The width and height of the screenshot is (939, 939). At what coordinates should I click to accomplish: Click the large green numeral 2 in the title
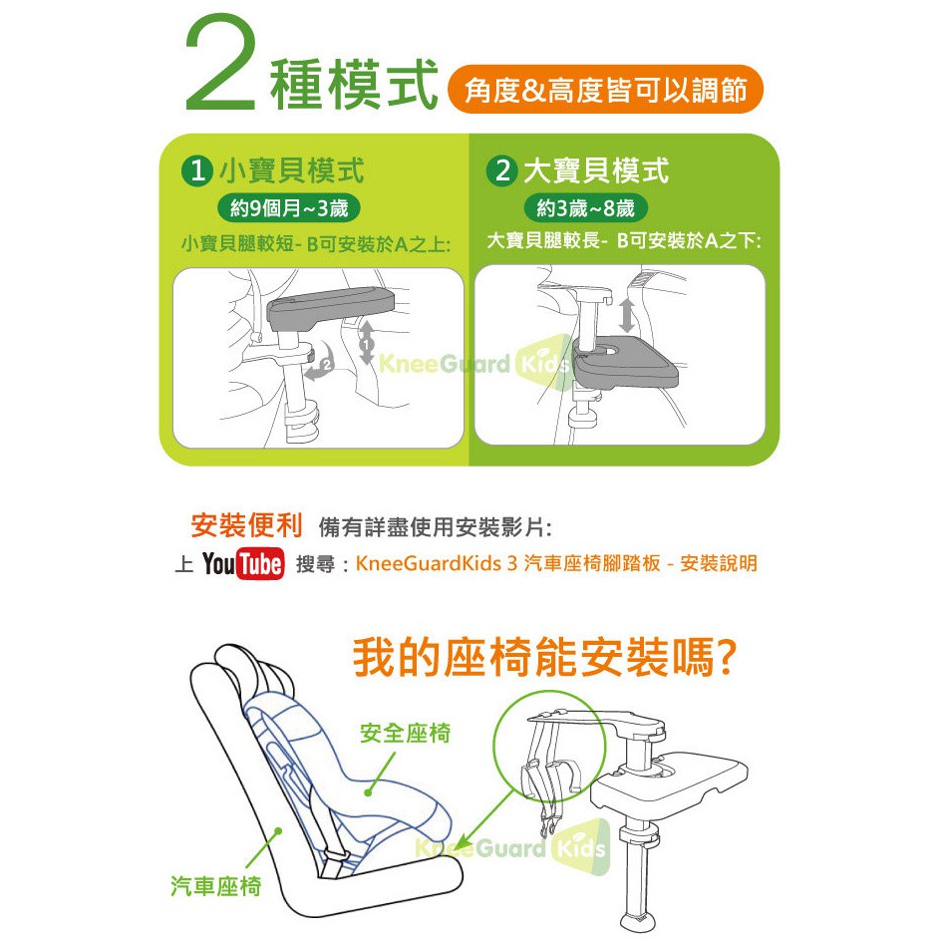pyautogui.click(x=220, y=63)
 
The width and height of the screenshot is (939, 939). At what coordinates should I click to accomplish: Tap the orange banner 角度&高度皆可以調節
pyautogui.click(x=605, y=90)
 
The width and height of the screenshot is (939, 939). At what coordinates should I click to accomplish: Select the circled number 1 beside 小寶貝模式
pyautogui.click(x=197, y=170)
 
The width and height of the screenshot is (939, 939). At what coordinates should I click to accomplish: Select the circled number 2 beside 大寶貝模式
pyautogui.click(x=501, y=170)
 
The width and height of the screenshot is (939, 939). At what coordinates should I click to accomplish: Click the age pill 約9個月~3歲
pyautogui.click(x=289, y=208)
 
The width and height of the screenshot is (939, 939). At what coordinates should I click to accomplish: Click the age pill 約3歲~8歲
pyautogui.click(x=586, y=208)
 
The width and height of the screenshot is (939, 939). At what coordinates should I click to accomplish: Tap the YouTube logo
pyautogui.click(x=243, y=563)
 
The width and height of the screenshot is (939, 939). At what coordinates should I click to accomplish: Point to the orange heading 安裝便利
pyautogui.click(x=247, y=525)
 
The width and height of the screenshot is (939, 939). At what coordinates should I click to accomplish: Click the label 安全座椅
pyautogui.click(x=406, y=733)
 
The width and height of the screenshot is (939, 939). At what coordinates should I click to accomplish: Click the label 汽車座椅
pyautogui.click(x=216, y=885)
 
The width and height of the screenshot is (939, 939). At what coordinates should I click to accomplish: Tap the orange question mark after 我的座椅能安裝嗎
pyautogui.click(x=726, y=658)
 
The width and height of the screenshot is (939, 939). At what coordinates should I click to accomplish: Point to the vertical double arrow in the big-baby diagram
pyautogui.click(x=627, y=316)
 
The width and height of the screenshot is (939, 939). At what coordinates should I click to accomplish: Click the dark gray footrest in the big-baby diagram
pyautogui.click(x=625, y=361)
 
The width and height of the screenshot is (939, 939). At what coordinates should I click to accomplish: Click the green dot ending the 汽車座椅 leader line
pyautogui.click(x=277, y=830)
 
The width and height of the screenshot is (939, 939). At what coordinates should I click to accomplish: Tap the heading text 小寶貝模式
pyautogui.click(x=292, y=170)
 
